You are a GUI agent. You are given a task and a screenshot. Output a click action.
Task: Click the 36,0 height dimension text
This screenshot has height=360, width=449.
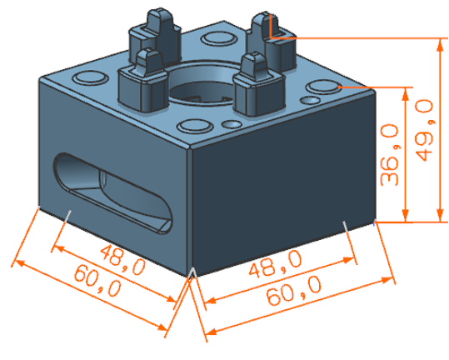tap(390, 155)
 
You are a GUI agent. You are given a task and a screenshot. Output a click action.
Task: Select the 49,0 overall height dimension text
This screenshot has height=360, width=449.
tap(424, 130)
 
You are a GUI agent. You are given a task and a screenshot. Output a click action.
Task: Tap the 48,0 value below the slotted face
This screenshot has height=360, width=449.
tap(122, 260)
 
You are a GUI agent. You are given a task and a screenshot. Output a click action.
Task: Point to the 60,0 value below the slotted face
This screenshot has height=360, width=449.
tap(97, 280)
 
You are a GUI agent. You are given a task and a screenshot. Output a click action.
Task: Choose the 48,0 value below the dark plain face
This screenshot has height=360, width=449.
tap(275, 264)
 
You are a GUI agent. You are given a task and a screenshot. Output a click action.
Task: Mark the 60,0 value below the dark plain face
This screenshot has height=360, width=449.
tap(294, 290)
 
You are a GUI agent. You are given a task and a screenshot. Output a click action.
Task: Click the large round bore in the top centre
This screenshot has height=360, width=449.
tap(204, 83)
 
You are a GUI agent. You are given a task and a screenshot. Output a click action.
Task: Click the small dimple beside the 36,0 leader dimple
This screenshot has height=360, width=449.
tap(310, 101)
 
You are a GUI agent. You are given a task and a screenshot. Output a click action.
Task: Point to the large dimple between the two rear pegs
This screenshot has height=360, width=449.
tap(218, 39)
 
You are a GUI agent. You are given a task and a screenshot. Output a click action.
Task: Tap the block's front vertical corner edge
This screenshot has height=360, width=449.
tap(190, 212)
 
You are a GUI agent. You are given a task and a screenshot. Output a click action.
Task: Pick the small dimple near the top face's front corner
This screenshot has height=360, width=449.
tap(232, 124)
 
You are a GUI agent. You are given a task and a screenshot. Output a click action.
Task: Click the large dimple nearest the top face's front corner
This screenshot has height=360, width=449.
tap(194, 127)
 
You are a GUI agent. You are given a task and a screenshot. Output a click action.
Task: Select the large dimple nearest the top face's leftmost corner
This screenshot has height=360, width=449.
tap(90, 77)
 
